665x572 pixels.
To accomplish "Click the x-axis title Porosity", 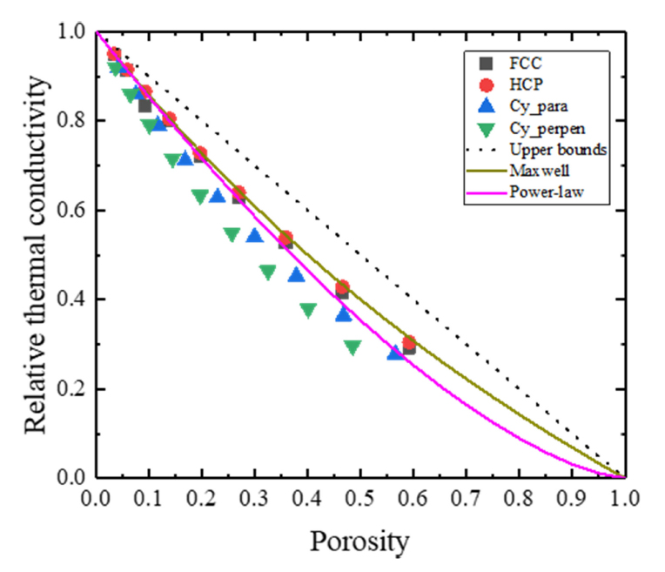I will click(359, 541).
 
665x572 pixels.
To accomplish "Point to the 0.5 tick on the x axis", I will click(359, 498).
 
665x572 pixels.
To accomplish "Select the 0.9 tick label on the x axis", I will click(570, 498).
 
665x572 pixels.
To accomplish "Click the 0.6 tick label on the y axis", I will click(73, 210).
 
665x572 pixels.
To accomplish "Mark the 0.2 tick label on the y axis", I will click(73, 388).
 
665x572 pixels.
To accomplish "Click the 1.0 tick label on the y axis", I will click(73, 32).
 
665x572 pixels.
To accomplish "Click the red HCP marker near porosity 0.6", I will click(409, 343).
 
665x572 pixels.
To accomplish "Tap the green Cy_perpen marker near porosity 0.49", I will click(353, 347).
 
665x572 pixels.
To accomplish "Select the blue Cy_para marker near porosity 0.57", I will click(396, 353).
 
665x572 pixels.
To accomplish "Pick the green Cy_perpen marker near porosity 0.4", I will click(308, 310).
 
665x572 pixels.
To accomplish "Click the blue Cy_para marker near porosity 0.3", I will click(255, 235).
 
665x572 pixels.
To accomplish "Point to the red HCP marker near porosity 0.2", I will click(200, 154).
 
